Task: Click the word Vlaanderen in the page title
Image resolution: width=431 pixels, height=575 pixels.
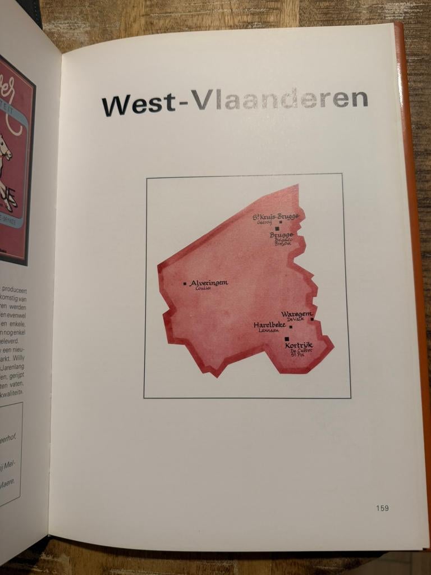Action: tap(279, 99)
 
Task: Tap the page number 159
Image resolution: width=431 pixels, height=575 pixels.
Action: tap(382, 508)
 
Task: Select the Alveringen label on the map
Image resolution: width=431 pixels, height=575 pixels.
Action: tap(209, 283)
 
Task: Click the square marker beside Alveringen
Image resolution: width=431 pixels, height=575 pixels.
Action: tap(185, 284)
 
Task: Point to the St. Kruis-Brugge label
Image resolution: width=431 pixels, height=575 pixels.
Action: tap(276, 216)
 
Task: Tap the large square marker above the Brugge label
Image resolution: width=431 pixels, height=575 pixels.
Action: tap(277, 229)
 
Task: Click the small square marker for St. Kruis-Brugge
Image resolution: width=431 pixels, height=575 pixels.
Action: tap(281, 222)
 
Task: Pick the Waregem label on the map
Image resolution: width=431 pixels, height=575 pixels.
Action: tap(297, 313)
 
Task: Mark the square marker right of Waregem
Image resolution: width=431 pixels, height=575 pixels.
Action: tap(312, 319)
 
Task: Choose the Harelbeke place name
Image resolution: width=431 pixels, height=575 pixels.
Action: tap(269, 325)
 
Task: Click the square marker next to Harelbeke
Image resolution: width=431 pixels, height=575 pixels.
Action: tap(291, 326)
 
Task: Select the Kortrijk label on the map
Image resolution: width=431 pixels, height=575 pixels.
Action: tap(299, 345)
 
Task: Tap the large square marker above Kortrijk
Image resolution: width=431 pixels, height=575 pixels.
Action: tap(287, 339)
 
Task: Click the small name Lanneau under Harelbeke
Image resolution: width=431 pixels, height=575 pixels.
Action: tap(269, 331)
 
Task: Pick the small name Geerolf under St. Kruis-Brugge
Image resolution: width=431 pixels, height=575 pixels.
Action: tap(264, 222)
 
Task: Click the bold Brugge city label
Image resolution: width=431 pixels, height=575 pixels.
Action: tap(281, 235)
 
